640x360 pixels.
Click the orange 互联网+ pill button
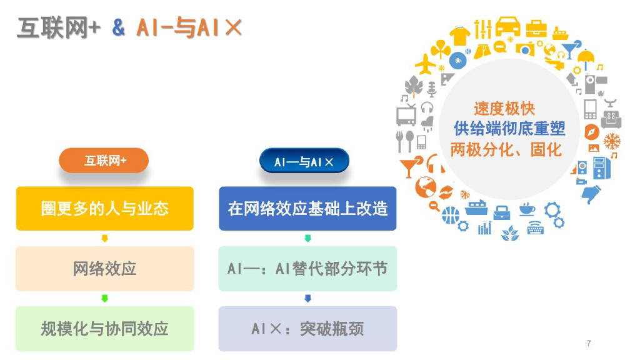(x=104, y=161)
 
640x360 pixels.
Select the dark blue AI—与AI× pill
(x=304, y=162)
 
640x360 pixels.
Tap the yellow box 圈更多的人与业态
(x=104, y=208)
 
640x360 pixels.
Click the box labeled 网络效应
(x=104, y=269)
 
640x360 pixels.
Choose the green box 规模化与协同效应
(x=104, y=328)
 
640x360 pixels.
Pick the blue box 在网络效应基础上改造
(x=307, y=208)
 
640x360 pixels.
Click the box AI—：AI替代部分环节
(x=307, y=269)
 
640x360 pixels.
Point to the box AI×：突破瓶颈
(x=307, y=328)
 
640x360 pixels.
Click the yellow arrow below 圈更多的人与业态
(x=104, y=238)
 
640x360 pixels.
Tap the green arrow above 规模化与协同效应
(x=104, y=299)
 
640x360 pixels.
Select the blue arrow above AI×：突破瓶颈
(x=307, y=299)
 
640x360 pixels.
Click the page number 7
(x=589, y=343)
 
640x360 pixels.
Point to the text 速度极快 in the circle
(x=504, y=108)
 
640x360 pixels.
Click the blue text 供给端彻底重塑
(x=509, y=129)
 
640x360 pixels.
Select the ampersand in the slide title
(x=119, y=28)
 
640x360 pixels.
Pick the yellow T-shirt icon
(x=459, y=36)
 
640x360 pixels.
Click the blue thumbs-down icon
(x=591, y=194)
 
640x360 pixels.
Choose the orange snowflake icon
(x=612, y=141)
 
